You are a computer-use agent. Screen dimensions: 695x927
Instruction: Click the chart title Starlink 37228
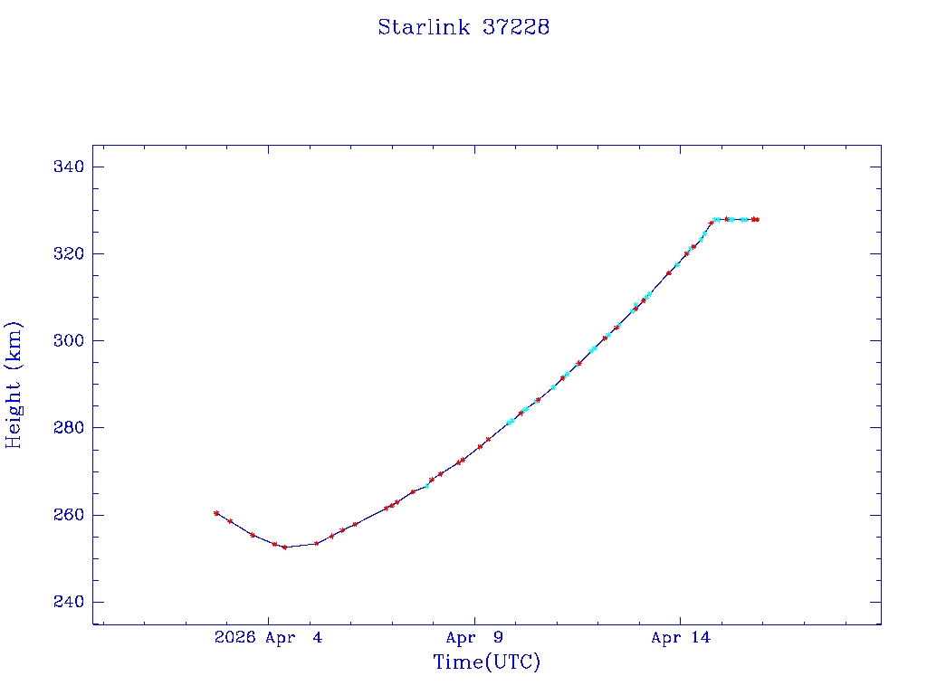463,27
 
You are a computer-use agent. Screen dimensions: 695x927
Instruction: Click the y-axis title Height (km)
14,385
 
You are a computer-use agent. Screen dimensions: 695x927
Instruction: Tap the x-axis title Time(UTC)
487,662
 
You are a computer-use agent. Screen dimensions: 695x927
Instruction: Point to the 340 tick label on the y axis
69,167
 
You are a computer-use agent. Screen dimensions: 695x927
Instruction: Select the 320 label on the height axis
69,253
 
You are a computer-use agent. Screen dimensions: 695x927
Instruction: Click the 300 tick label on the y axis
69,340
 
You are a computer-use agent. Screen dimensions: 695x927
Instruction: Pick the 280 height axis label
69,427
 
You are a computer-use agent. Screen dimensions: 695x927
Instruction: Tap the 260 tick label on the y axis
69,515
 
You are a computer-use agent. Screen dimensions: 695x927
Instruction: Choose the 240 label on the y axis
69,602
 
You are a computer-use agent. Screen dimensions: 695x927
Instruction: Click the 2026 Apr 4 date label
268,638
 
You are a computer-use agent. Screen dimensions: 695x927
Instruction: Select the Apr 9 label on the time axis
474,638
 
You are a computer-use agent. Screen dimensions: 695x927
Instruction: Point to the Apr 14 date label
681,638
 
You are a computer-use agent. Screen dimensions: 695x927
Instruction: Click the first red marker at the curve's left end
216,513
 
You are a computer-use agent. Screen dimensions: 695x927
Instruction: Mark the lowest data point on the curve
284,547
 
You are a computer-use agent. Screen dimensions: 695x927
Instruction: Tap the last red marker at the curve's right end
756,219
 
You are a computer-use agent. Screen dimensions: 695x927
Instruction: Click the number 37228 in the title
516,27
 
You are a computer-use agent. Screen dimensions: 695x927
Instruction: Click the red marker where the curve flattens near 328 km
726,219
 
